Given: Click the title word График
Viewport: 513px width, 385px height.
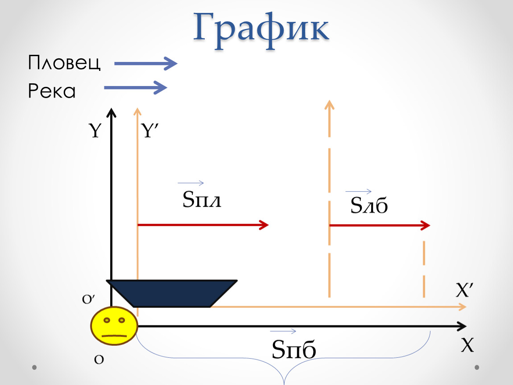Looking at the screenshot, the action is click(x=261, y=30).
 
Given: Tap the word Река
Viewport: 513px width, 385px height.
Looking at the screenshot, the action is click(x=52, y=90).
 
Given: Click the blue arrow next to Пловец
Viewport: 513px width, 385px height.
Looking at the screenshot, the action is click(x=145, y=63).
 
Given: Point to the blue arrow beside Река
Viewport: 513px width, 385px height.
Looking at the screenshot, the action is click(x=136, y=88).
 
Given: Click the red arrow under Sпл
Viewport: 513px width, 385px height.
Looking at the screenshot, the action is click(x=203, y=225).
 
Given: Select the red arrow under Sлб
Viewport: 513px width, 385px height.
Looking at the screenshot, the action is click(x=380, y=225).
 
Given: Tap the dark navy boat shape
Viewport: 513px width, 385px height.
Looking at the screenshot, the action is click(x=172, y=293).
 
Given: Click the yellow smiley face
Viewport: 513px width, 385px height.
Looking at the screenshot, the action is click(x=114, y=326).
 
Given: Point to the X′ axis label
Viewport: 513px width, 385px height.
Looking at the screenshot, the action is click(x=464, y=290).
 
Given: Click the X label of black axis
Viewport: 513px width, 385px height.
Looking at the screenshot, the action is click(x=467, y=344).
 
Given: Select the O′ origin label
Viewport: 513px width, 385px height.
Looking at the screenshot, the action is click(x=88, y=299).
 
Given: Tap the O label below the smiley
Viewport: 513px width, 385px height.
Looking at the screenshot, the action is click(x=99, y=360).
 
